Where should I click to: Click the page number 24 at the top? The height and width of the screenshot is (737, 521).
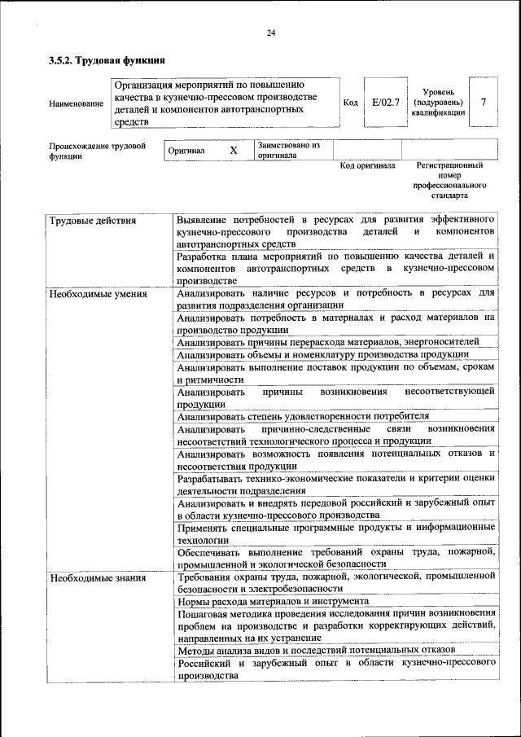click(271, 33)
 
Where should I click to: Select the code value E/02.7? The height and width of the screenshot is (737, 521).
click(383, 103)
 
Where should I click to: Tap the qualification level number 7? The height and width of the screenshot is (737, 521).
click(484, 103)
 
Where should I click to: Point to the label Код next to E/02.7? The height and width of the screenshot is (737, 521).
click(350, 103)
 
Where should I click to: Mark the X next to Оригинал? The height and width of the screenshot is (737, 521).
click(233, 151)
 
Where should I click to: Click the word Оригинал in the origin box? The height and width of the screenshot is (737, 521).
click(186, 151)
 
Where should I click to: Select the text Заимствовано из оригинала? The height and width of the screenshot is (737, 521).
click(288, 150)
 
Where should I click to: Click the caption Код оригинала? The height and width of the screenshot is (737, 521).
click(367, 165)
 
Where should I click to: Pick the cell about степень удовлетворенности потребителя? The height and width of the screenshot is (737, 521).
click(303, 415)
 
